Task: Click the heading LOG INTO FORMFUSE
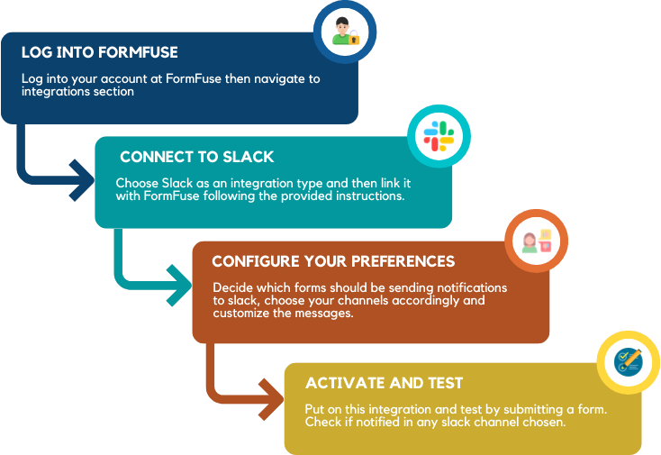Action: click(x=99, y=52)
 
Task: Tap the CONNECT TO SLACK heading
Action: click(x=196, y=157)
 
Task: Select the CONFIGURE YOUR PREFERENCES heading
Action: click(x=333, y=261)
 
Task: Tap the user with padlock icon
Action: click(x=346, y=32)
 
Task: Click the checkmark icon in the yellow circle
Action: click(x=628, y=362)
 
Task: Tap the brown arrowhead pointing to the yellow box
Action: click(x=274, y=393)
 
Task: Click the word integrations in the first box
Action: click(x=52, y=91)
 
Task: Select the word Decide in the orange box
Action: click(x=231, y=287)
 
